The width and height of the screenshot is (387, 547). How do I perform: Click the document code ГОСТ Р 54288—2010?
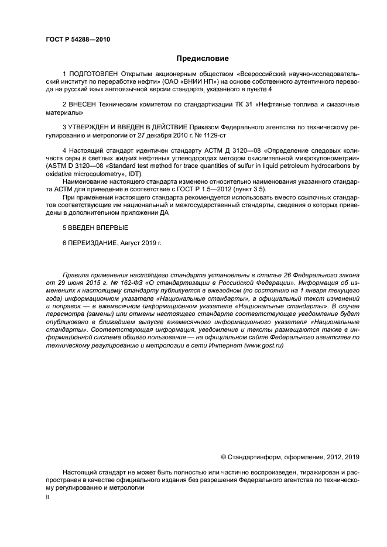pos(77,40)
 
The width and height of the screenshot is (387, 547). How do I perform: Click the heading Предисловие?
pos(203,59)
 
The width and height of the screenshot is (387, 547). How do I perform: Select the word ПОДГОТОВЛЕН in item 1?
pos(93,74)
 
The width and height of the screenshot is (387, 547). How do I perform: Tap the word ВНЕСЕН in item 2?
pos(84,104)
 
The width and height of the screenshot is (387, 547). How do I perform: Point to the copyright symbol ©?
pos(223,457)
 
